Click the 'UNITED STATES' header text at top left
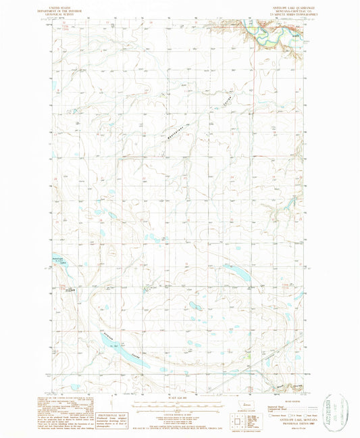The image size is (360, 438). click(70, 5)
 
